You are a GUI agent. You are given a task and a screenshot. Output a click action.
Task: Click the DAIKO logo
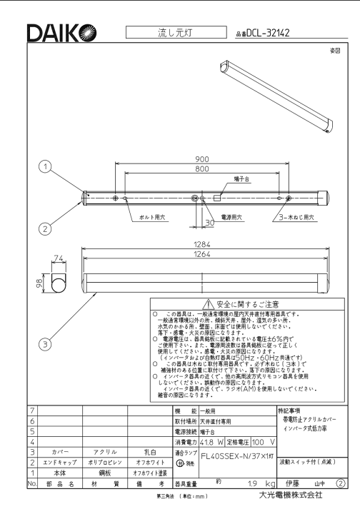point(61,33)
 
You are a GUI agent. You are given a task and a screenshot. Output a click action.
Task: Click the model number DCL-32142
point(268,33)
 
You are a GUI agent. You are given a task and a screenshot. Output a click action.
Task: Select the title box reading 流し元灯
point(176,32)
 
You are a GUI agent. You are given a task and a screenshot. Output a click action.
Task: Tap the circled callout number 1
point(45,166)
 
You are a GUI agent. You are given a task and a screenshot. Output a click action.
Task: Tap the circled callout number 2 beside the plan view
point(45,228)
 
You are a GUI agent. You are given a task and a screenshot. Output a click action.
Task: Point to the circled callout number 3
point(45,344)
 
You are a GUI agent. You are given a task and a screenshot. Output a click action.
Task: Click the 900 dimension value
point(202,159)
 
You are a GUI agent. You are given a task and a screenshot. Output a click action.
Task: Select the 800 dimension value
point(202,168)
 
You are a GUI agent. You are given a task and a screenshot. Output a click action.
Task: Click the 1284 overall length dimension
point(202,245)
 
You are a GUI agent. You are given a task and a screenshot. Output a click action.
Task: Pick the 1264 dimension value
point(202,254)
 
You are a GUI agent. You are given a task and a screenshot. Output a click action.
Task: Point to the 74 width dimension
point(59,258)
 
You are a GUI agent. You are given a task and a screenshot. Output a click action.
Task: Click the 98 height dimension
point(39,283)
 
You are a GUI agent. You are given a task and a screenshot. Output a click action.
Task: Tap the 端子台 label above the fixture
point(241,179)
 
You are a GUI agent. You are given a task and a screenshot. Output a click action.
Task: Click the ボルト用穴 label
point(152,217)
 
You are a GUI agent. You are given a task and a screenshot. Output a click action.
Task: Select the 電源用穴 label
point(232,217)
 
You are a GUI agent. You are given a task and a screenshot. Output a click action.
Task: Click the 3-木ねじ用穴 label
point(296,217)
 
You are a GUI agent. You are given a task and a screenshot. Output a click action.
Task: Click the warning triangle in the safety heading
point(208,305)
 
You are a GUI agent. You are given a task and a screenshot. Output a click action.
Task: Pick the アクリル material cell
point(105,452)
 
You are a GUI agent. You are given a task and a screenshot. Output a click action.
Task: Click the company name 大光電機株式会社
point(291,495)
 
